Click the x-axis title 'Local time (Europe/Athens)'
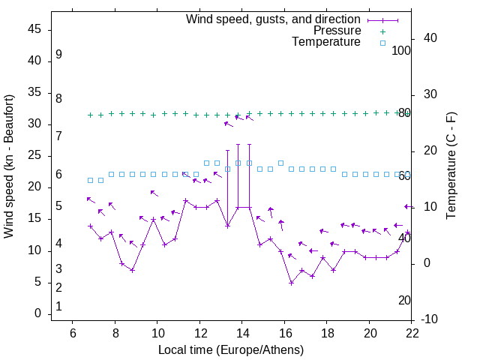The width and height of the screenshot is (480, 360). coord(231,349)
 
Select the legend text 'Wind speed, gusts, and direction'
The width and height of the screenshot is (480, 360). coord(273,19)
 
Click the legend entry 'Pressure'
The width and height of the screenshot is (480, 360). coord(337,31)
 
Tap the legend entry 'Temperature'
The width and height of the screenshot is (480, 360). coord(326,42)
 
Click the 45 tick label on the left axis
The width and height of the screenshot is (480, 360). coord(34,29)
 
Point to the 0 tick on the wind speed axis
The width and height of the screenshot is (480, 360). coord(37,314)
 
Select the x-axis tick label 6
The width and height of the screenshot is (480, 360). coord(72,333)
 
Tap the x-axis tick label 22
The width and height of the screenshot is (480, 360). coord(412,333)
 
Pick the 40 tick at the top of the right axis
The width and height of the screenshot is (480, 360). coord(430,38)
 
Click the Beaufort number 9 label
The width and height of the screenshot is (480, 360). coord(58,55)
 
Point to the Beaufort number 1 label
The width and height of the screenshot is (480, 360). coord(58,306)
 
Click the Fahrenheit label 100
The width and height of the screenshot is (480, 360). coord(402,50)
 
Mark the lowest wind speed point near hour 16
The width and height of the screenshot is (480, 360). coord(291,283)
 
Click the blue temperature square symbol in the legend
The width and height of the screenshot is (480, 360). coord(382,43)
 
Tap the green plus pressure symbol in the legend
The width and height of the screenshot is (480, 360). coord(382,31)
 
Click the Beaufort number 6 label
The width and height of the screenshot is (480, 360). coord(58,175)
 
